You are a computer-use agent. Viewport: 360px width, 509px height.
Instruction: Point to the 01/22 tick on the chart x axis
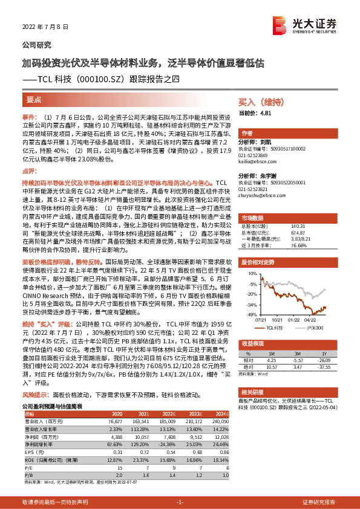(x=294, y=319)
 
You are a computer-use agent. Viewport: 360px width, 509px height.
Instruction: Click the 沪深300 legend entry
(x=313, y=327)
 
